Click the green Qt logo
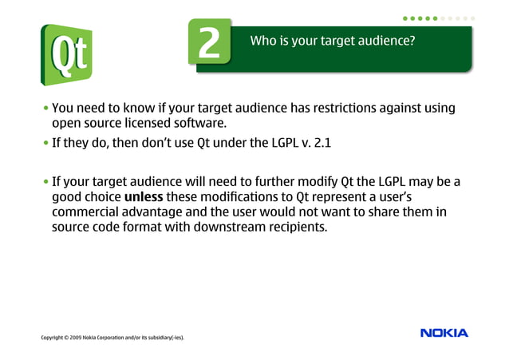(67, 54)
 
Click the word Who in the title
(262, 39)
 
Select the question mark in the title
(412, 39)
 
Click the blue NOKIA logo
(444, 333)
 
